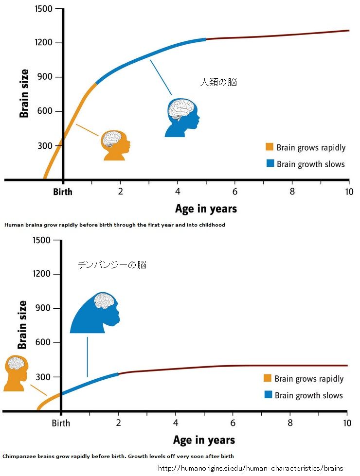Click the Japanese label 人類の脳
[218, 82]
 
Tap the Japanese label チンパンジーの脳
[112, 265]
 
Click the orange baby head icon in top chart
[115, 145]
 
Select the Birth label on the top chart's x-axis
[63, 192]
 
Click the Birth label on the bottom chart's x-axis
[61, 423]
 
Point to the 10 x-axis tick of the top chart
[348, 191]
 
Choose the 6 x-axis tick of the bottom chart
[233, 423]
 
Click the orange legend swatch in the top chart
[270, 147]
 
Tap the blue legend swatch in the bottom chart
[268, 395]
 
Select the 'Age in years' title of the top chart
[206, 209]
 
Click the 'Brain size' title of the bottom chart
[22, 325]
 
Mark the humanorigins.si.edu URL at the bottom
[251, 468]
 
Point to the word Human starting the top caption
[11, 225]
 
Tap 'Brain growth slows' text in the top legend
[310, 164]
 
